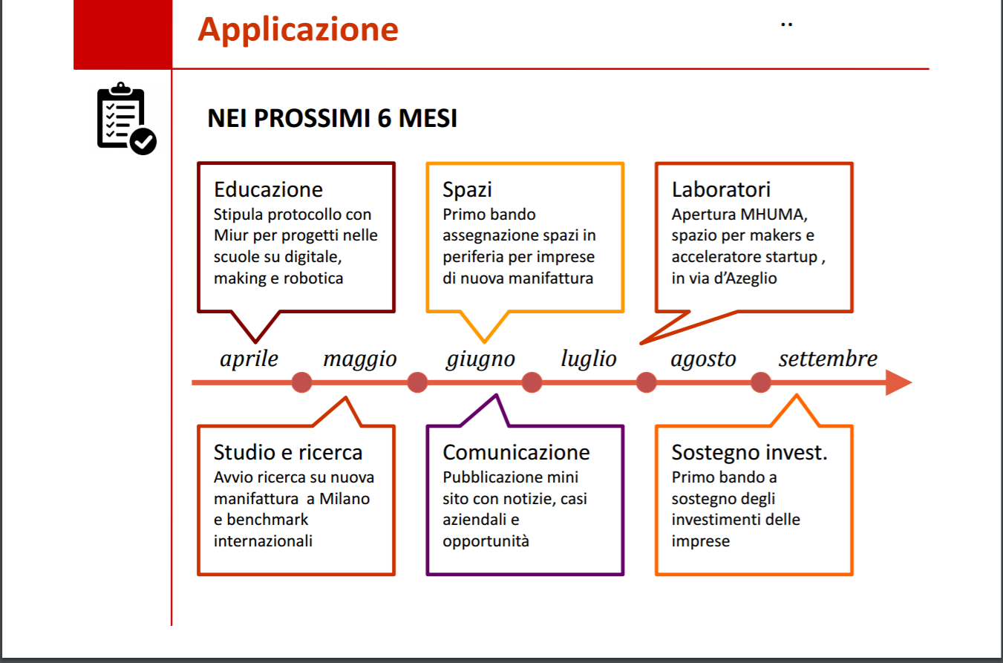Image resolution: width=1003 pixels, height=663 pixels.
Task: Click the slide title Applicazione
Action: pyautogui.click(x=298, y=30)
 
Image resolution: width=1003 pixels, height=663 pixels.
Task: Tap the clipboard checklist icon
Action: pyautogui.click(x=126, y=119)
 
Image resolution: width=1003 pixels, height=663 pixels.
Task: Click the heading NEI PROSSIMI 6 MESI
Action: pyautogui.click(x=333, y=118)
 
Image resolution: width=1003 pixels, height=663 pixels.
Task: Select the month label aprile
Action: pyautogui.click(x=249, y=359)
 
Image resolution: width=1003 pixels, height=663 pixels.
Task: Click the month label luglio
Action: pyautogui.click(x=589, y=359)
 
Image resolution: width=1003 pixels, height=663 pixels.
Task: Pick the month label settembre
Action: pyautogui.click(x=828, y=359)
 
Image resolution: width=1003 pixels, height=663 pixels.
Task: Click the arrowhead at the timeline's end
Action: pyautogui.click(x=898, y=383)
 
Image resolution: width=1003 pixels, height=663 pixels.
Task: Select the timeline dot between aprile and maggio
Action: pyautogui.click(x=302, y=382)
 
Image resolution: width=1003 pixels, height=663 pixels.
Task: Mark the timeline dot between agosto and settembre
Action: pyautogui.click(x=761, y=382)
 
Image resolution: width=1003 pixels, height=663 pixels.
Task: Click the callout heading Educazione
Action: pyautogui.click(x=268, y=189)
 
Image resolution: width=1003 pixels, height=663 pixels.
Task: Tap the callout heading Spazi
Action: pyautogui.click(x=467, y=190)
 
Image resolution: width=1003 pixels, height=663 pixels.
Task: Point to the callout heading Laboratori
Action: pyautogui.click(x=721, y=189)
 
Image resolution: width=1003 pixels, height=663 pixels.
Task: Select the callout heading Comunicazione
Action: pyautogui.click(x=516, y=452)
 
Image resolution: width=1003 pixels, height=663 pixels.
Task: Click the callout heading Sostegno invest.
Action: pyautogui.click(x=749, y=453)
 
